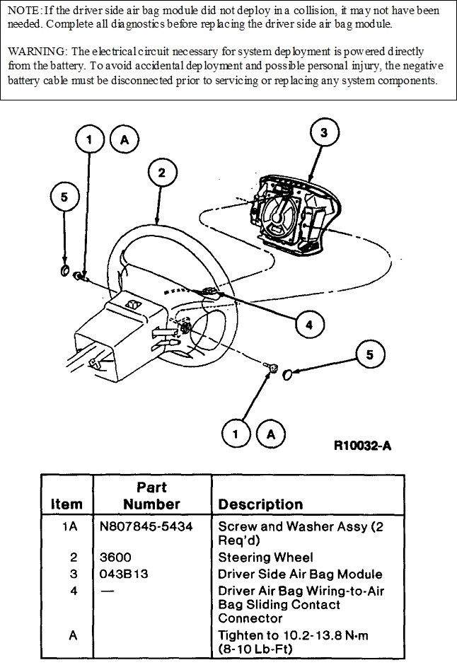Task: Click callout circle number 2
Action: click(x=162, y=173)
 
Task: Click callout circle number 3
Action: click(x=323, y=133)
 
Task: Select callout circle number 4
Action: click(x=308, y=325)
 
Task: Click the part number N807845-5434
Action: click(x=146, y=527)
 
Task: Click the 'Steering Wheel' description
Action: click(x=265, y=557)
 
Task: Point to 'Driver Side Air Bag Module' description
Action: click(x=300, y=574)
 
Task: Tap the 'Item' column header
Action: click(x=66, y=504)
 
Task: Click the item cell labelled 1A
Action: click(x=72, y=527)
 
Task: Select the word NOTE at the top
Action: click(x=23, y=11)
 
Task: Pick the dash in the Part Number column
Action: click(x=108, y=591)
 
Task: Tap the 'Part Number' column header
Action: click(x=151, y=495)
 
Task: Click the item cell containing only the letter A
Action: click(x=72, y=636)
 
